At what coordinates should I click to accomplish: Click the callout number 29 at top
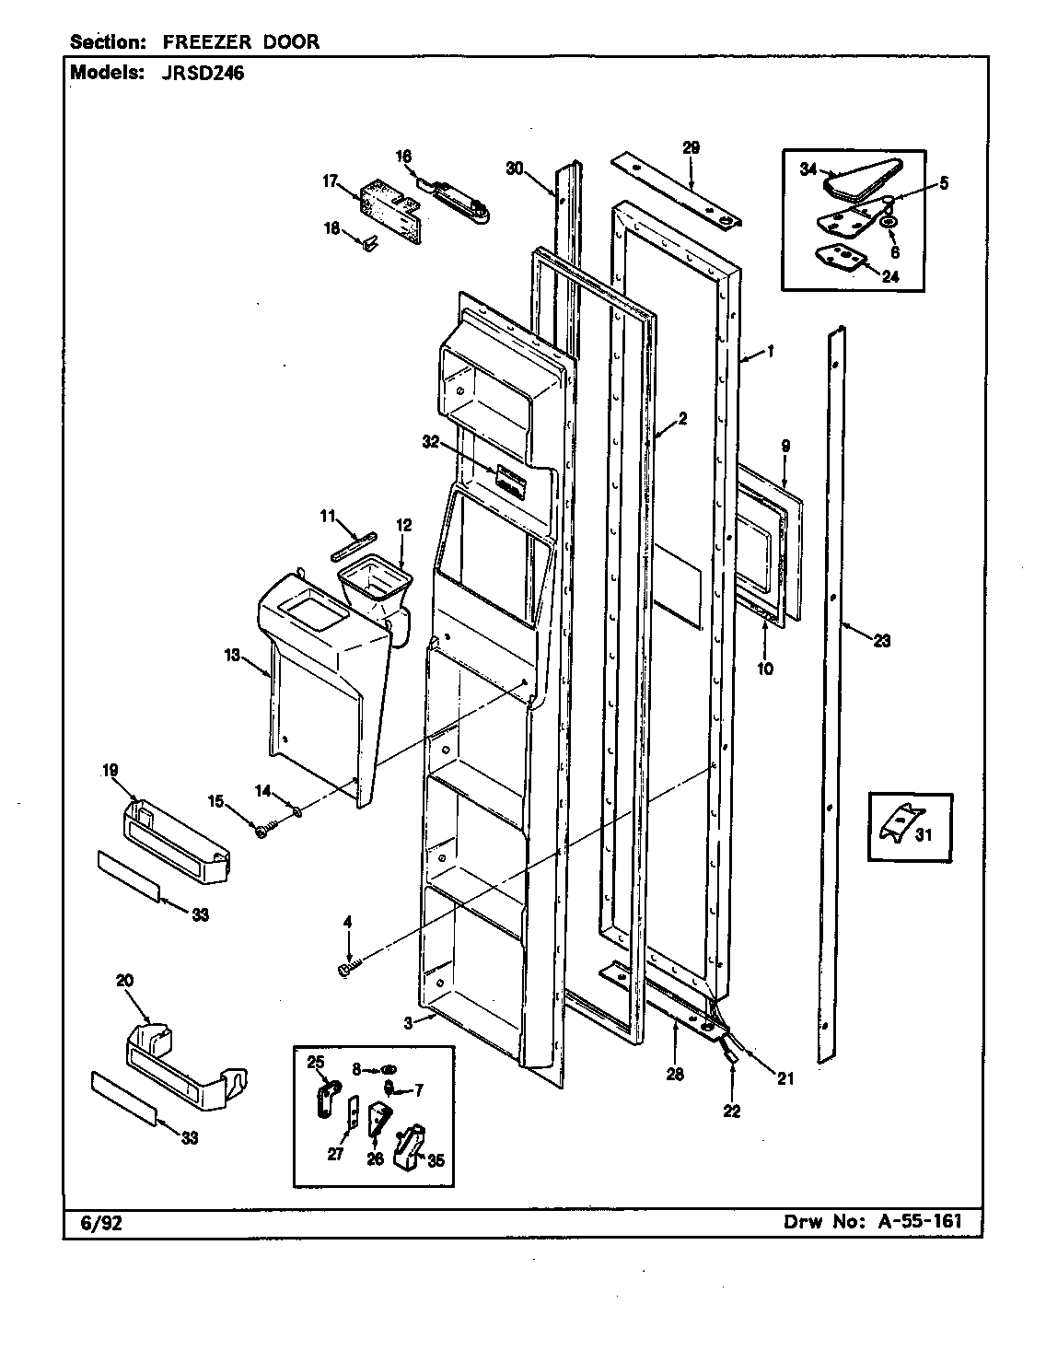[x=692, y=147]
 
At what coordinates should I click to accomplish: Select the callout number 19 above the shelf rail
[x=110, y=771]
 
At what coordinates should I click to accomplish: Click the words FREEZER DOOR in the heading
[x=241, y=42]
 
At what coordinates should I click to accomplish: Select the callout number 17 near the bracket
[x=331, y=181]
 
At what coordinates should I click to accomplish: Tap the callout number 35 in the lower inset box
[x=436, y=1160]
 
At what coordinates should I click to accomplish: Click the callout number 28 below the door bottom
[x=674, y=1074]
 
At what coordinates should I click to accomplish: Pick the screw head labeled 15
[x=262, y=831]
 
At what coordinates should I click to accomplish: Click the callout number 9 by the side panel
[x=784, y=446]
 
